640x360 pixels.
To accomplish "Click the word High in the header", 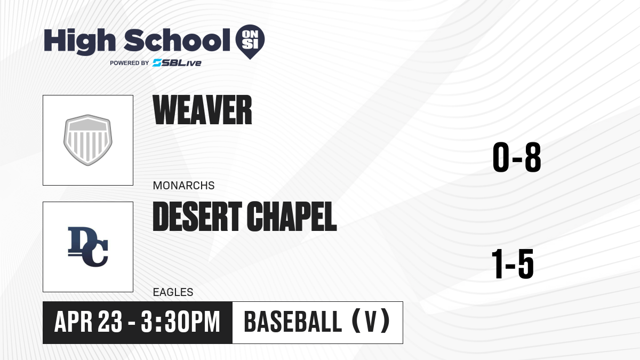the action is (79, 42).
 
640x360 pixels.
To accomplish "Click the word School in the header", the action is (177, 40).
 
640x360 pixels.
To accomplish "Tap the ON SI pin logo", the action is (250, 42).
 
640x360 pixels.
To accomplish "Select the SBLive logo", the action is (177, 63).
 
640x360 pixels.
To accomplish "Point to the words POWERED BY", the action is (130, 63).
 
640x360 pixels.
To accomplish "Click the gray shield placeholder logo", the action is (88, 140).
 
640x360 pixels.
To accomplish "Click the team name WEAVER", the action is (202, 110).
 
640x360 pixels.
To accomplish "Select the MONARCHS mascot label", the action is (183, 186).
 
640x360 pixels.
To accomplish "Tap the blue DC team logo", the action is (88, 247).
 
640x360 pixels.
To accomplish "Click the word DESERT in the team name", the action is (197, 217).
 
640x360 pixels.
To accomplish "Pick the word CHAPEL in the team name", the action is (292, 217).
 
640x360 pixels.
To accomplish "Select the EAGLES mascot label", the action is (173, 292).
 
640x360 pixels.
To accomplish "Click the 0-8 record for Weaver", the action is (517, 157).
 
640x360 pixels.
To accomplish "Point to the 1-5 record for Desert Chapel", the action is (513, 263).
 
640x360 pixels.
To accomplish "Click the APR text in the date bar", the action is (74, 322).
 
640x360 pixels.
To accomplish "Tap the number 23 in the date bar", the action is (110, 322).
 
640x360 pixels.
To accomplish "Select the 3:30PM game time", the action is (181, 322).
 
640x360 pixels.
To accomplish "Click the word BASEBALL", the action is (293, 322).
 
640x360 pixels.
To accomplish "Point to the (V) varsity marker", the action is (371, 321).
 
